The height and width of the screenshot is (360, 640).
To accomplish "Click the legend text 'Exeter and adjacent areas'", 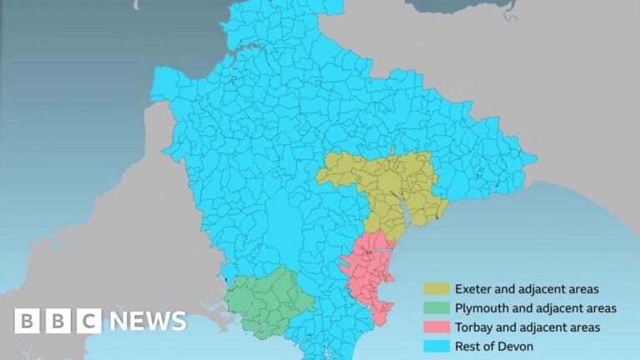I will (x=526, y=289).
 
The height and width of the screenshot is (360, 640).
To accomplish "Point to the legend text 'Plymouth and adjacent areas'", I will (x=535, y=308).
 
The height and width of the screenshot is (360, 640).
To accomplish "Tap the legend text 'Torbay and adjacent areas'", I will (x=527, y=327).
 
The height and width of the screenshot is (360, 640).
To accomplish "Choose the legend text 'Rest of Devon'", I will (x=494, y=346).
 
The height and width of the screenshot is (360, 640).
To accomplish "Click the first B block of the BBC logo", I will (x=27, y=321).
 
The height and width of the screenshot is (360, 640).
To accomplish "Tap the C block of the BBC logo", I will (x=88, y=321).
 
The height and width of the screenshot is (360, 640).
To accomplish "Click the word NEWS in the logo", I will (x=147, y=321).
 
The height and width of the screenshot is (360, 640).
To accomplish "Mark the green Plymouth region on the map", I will (x=267, y=300).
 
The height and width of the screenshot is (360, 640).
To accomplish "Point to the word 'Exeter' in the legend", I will (x=472, y=289).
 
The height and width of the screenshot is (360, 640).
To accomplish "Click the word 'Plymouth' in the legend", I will (x=480, y=308).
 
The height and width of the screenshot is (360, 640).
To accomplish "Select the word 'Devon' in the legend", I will (x=517, y=346).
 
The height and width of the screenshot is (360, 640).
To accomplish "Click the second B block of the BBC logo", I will (x=57, y=321).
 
